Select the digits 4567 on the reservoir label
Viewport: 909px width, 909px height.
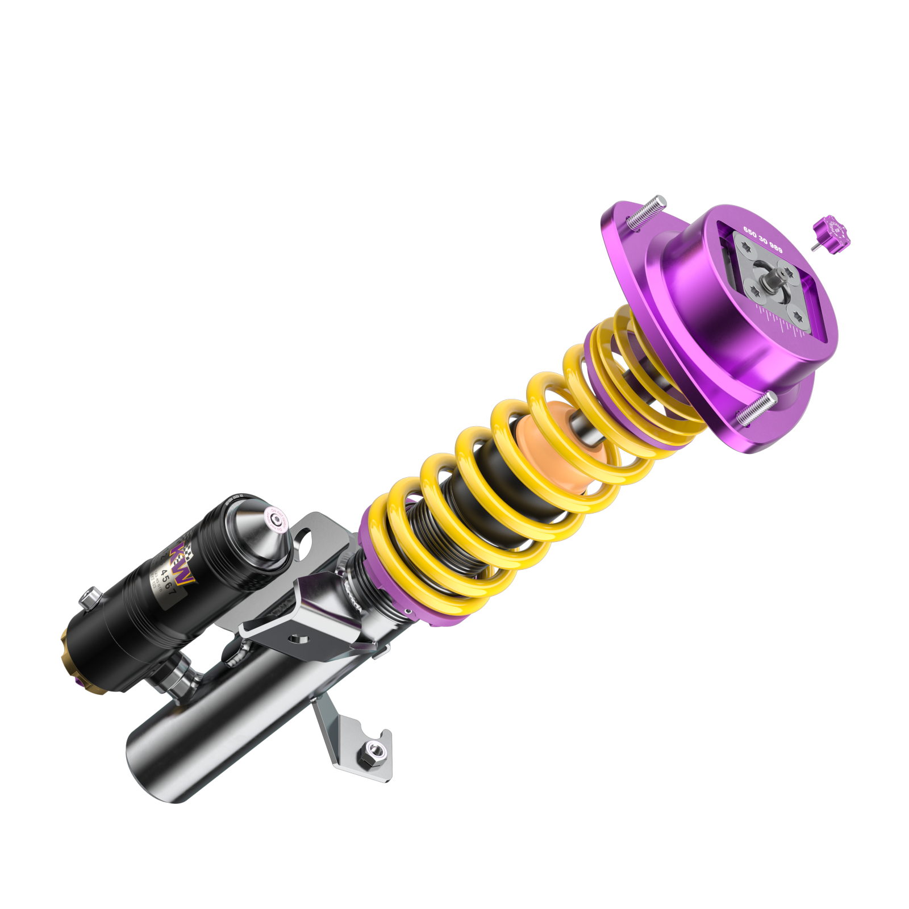coord(170,574)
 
